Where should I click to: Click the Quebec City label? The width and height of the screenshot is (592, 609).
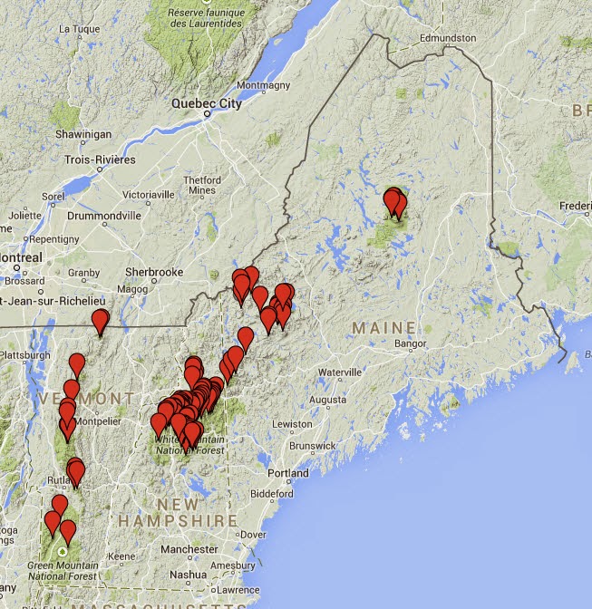coord(208,103)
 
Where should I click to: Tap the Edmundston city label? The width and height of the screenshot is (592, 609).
coord(448,38)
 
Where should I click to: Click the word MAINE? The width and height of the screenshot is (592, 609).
coord(384,327)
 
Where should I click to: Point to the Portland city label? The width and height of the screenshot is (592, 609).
coord(287,473)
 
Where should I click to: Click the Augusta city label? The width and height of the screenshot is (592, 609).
coord(327,399)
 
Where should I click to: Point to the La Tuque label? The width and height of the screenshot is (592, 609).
coord(78,29)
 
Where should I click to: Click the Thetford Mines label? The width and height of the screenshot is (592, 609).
coord(202,185)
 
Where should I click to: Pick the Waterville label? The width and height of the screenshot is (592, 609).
coord(339,372)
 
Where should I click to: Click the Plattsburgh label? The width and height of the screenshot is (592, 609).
coord(25,355)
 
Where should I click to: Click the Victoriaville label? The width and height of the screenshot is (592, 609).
coord(134,194)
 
